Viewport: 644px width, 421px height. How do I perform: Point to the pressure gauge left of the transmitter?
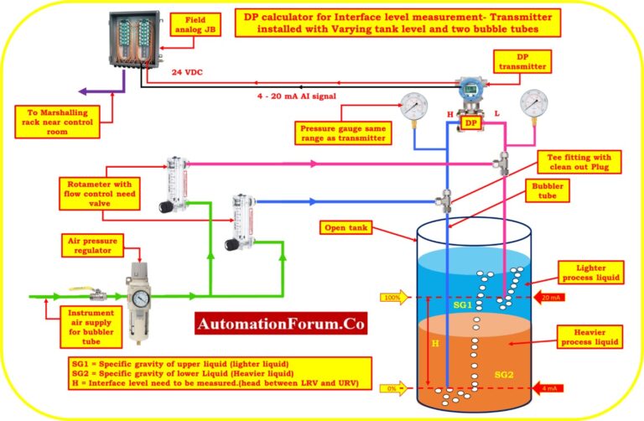[x=413, y=107]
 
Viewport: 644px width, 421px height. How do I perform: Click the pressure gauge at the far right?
[x=534, y=105]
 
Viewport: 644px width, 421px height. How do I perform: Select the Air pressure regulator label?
[x=96, y=244]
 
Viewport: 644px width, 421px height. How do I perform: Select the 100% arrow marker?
[x=393, y=297]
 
